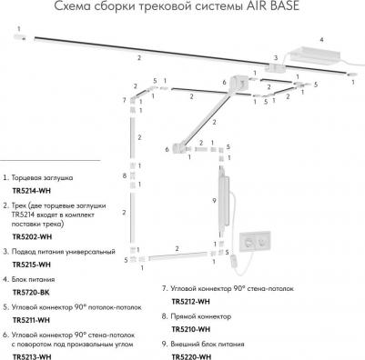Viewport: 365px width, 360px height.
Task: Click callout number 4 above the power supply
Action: [319, 40]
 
